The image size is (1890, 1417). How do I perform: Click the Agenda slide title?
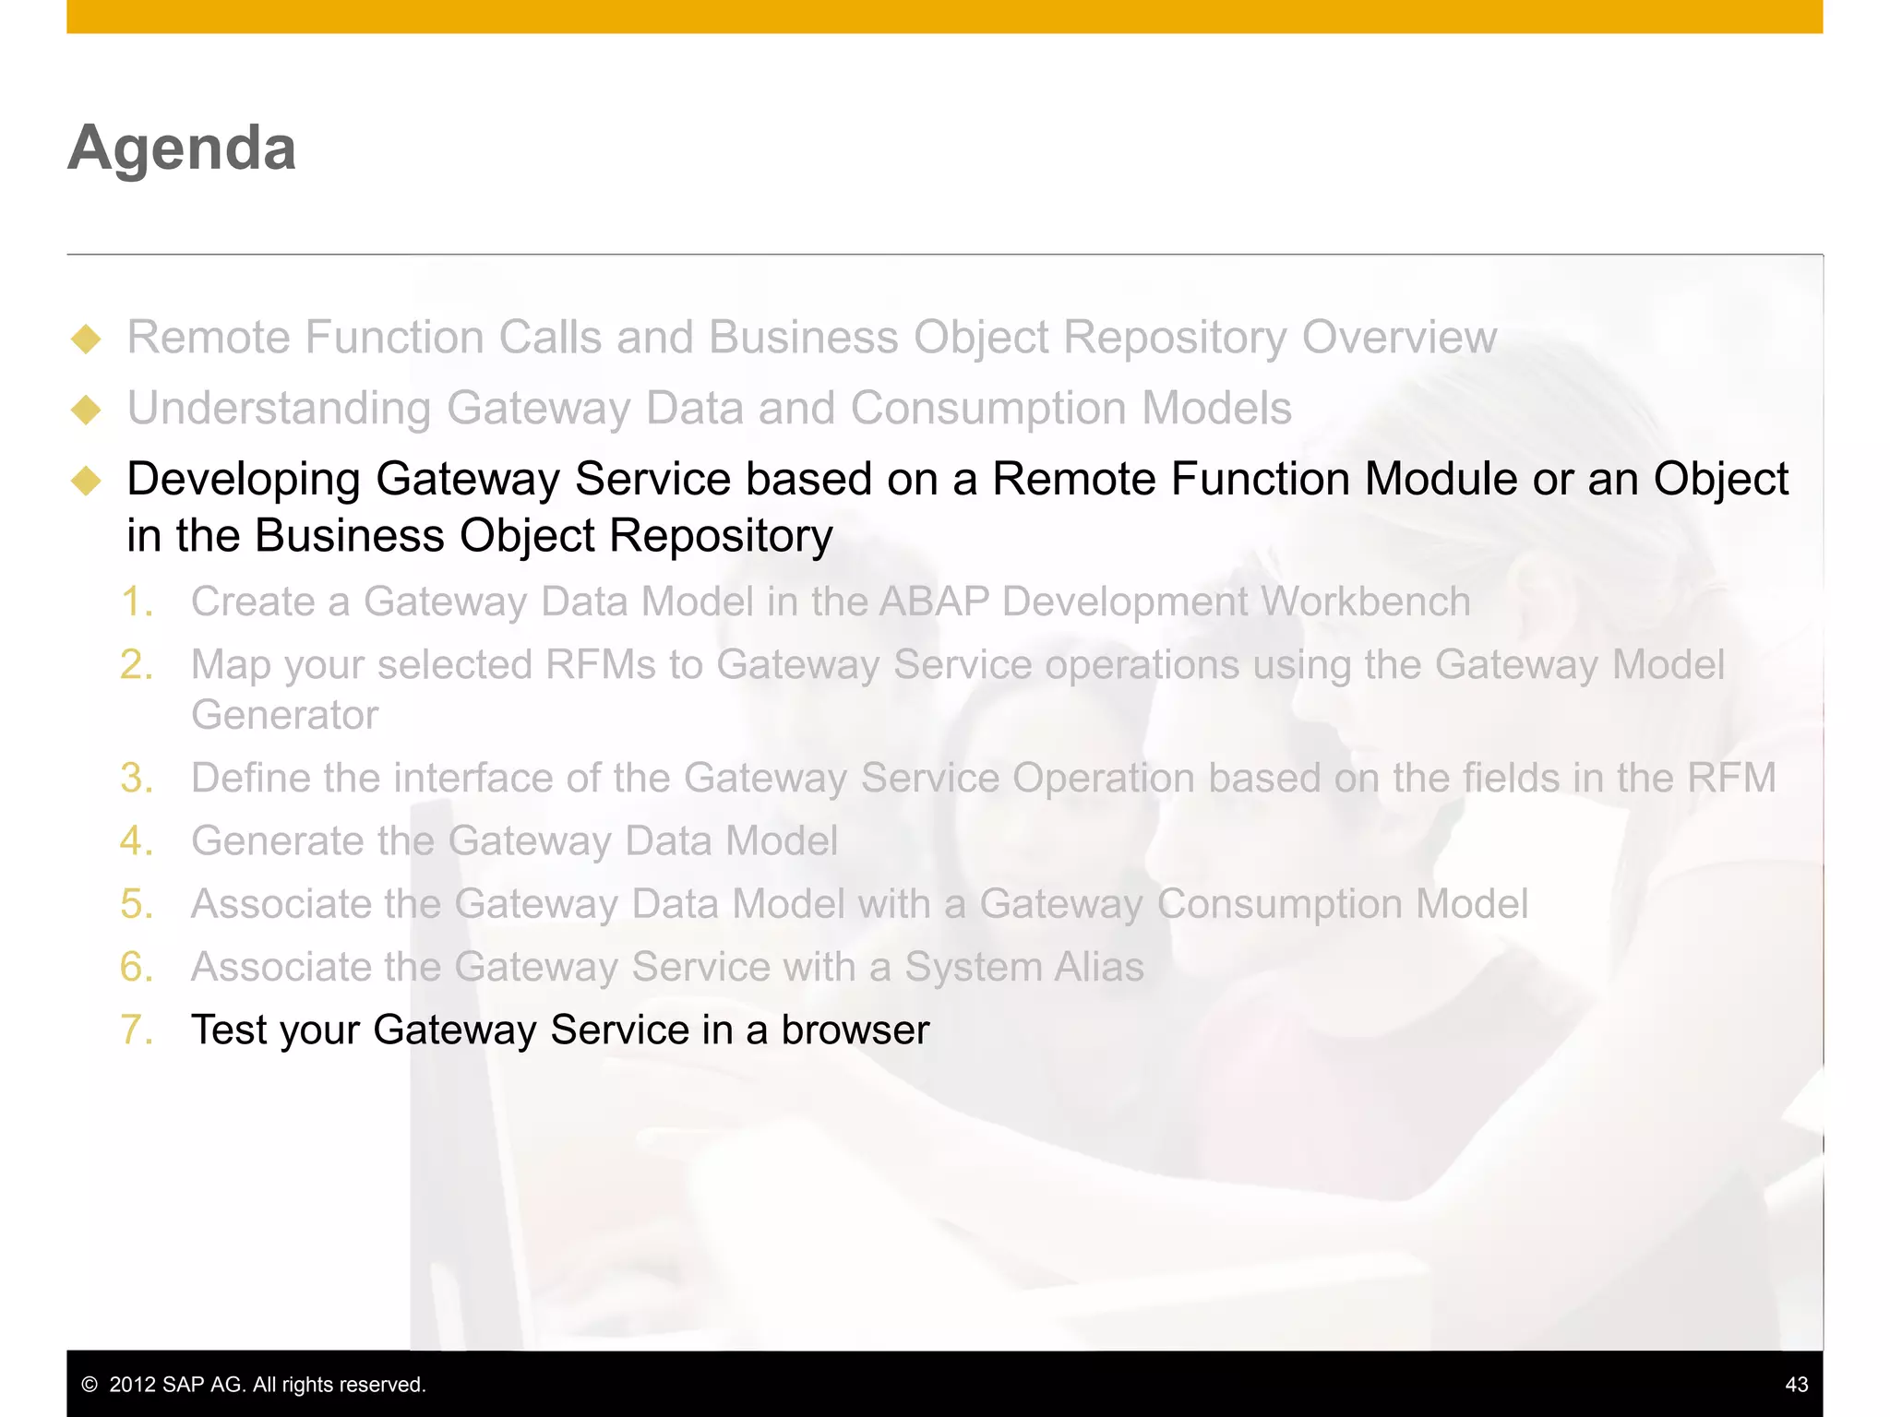click(x=182, y=148)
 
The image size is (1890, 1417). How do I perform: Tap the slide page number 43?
click(x=1796, y=1384)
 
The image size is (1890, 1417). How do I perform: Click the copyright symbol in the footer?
click(x=90, y=1384)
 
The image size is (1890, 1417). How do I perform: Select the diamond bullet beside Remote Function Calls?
click(x=86, y=339)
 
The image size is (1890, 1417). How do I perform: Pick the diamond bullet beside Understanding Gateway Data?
click(x=86, y=410)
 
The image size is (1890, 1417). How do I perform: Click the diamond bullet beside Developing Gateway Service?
click(x=86, y=481)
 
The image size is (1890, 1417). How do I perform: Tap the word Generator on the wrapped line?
click(x=284, y=716)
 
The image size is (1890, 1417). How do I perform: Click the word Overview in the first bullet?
click(x=1399, y=338)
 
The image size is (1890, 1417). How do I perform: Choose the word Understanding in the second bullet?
click(x=279, y=409)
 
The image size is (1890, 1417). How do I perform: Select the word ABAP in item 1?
click(x=934, y=602)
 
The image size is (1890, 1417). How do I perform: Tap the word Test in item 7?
click(x=228, y=1030)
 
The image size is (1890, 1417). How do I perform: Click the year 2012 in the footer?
click(x=133, y=1384)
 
